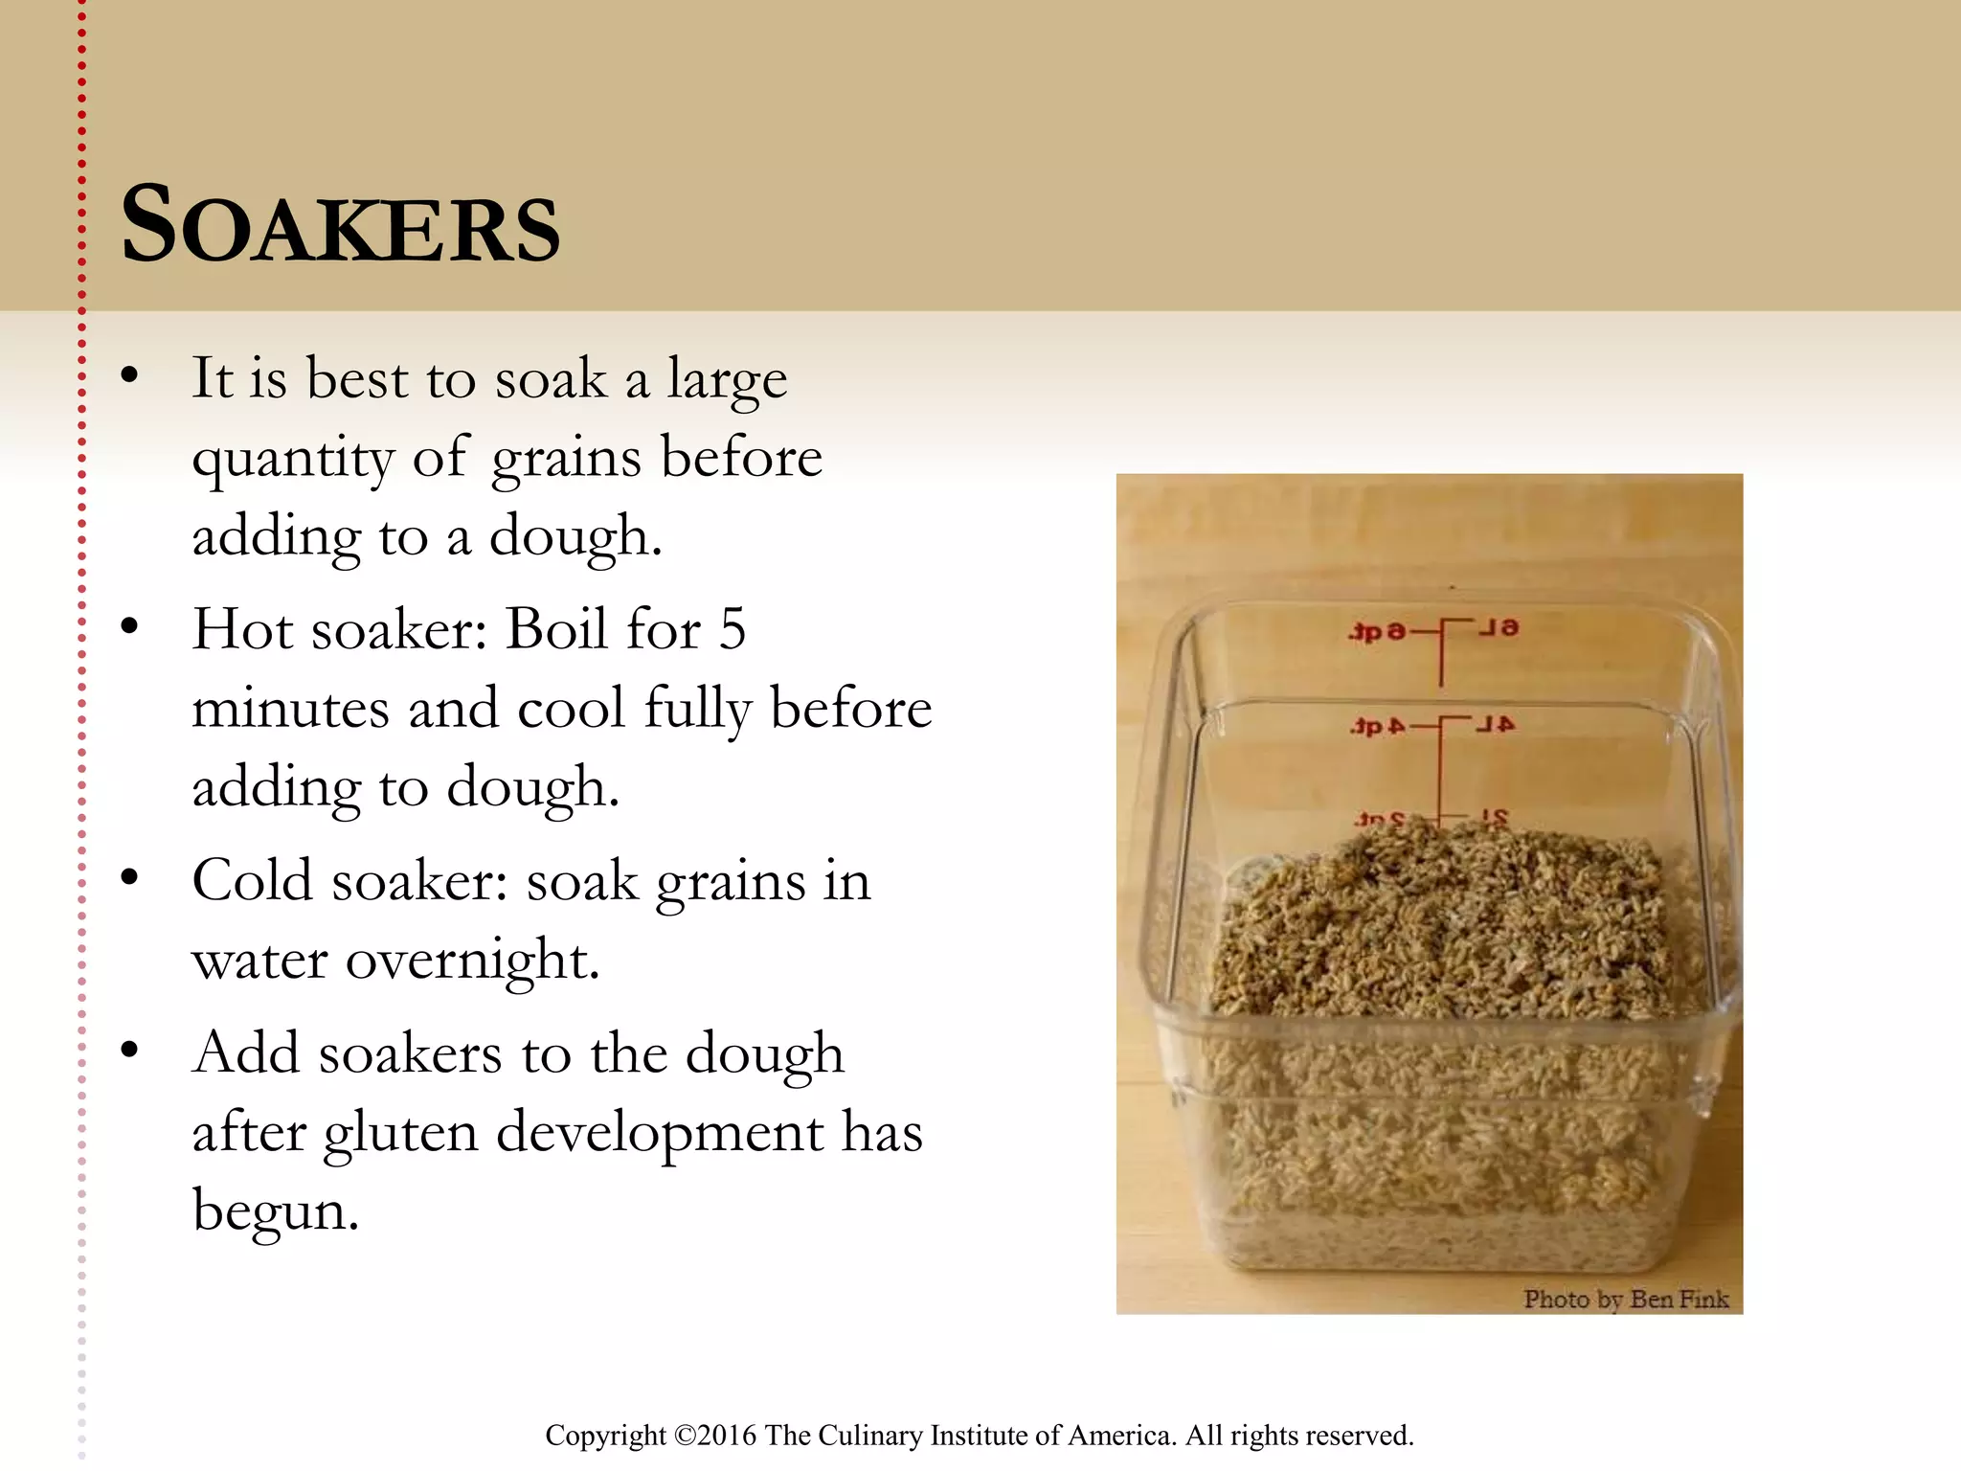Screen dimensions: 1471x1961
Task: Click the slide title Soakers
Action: (340, 226)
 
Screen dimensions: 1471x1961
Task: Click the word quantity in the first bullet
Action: (292, 460)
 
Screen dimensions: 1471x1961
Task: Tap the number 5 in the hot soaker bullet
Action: (733, 630)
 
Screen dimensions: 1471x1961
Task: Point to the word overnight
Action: (472, 960)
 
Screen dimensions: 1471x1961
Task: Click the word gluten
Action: (400, 1134)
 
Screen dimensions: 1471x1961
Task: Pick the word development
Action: (660, 1134)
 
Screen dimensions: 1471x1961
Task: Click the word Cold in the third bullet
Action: (252, 881)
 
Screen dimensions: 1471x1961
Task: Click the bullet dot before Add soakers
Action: (130, 1051)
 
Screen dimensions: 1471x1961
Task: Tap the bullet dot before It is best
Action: (130, 375)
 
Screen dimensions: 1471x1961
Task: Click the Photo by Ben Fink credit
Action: (1626, 1300)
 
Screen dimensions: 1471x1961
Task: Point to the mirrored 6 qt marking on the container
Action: (1377, 632)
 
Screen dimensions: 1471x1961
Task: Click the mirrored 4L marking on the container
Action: (1495, 725)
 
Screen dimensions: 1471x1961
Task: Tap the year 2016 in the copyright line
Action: (728, 1436)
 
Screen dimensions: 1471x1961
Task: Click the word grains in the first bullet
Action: (565, 460)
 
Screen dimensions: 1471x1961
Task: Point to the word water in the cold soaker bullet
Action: (259, 960)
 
